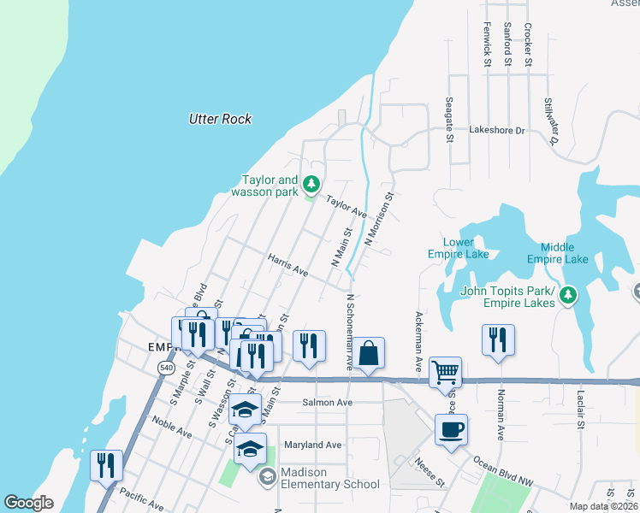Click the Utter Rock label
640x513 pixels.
[220, 119]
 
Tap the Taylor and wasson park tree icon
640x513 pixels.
[312, 184]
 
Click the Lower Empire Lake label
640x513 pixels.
[459, 248]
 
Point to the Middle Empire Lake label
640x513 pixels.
[557, 253]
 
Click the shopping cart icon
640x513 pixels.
[445, 371]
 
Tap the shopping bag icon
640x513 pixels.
[369, 352]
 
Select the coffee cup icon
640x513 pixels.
[451, 429]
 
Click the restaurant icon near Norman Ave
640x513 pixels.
[498, 339]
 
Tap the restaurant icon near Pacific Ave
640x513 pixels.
[106, 465]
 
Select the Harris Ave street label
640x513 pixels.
[287, 263]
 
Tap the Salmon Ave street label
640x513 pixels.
[327, 403]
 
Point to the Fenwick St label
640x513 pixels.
[487, 44]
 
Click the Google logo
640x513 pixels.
[28, 503]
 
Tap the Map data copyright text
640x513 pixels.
[602, 506]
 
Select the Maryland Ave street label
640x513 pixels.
[313, 445]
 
